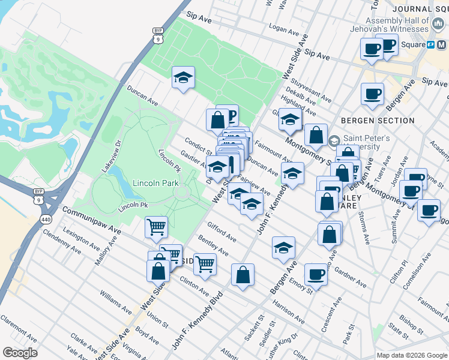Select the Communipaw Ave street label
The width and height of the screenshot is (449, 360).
[x=92, y=221]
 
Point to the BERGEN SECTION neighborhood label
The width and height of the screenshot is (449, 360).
[x=378, y=121]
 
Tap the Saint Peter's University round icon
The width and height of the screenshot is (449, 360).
[x=334, y=142]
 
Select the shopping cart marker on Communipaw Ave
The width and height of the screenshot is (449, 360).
[x=156, y=227]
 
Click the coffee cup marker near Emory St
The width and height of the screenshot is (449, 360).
[x=316, y=274]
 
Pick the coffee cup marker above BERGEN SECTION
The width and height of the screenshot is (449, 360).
[x=372, y=93]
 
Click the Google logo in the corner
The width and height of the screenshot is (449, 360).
[x=20, y=353]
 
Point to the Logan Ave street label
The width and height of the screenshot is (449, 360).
[x=285, y=28]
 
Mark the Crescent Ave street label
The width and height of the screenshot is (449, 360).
[x=331, y=308]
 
